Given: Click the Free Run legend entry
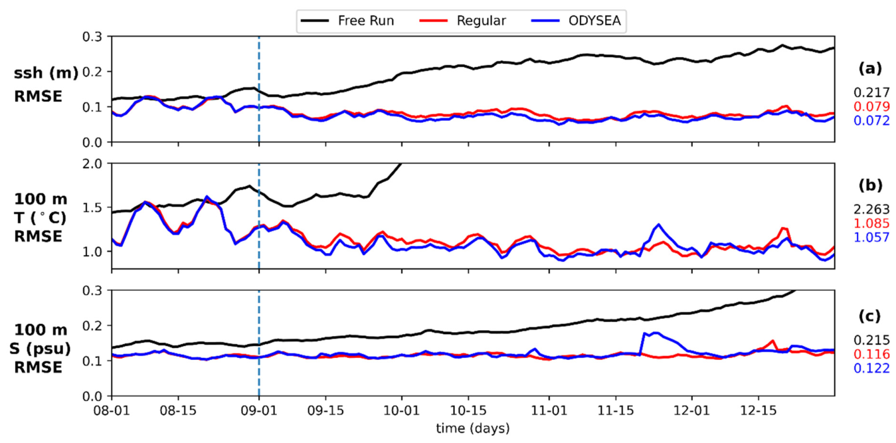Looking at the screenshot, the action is (347, 21).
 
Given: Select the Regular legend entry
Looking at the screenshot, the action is (462, 21).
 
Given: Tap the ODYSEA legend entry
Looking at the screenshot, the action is (576, 21).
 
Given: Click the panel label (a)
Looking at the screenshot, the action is (870, 69).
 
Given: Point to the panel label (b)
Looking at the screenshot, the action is (870, 185).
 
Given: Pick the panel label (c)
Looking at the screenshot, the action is (869, 316).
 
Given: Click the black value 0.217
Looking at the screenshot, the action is (871, 92).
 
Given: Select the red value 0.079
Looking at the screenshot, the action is (871, 106).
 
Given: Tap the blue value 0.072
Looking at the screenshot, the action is (871, 120).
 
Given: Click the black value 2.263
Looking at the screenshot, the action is (871, 209).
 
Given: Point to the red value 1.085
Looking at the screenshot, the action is (871, 223).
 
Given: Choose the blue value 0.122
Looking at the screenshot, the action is (871, 368).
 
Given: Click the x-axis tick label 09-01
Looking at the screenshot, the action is (259, 410).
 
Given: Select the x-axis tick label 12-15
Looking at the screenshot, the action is (759, 410).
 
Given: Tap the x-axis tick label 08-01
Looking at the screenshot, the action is (112, 410).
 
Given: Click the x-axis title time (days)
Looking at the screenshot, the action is (473, 428).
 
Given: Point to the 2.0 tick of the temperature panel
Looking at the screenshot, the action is (93, 163).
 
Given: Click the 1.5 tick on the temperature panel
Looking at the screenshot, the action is (93, 207).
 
